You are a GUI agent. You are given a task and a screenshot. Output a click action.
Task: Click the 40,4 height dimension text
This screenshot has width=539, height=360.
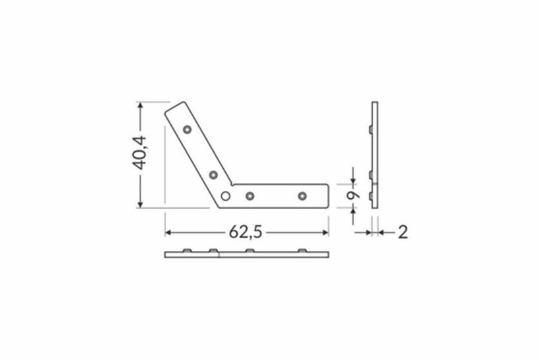(x=139, y=153)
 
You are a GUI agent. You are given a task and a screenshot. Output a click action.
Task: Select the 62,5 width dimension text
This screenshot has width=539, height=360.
(x=246, y=232)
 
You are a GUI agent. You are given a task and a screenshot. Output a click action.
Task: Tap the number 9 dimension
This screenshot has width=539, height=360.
(x=352, y=195)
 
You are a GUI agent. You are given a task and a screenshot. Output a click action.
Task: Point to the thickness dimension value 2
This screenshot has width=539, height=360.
(x=403, y=232)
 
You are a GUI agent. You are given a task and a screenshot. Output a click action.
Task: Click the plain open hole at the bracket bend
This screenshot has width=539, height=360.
(x=226, y=196)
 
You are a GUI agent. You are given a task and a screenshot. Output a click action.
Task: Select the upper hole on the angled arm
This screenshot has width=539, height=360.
(x=187, y=130)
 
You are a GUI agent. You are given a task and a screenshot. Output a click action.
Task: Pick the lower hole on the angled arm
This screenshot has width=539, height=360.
(x=213, y=175)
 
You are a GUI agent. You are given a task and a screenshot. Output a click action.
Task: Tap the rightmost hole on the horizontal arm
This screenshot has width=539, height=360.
(x=302, y=196)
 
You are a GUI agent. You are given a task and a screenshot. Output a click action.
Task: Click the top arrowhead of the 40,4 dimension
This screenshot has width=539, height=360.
(x=140, y=105)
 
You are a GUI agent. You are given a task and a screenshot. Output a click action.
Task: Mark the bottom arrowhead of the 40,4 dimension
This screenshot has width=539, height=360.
(x=140, y=205)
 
